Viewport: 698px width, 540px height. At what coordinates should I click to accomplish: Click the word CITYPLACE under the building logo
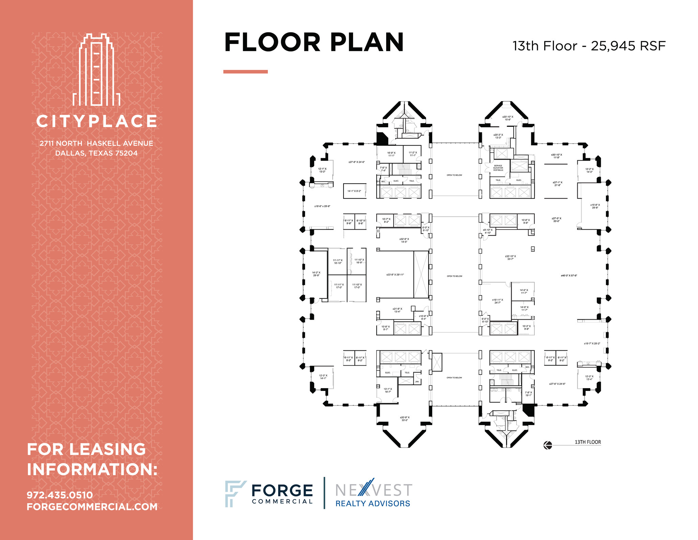(x=96, y=121)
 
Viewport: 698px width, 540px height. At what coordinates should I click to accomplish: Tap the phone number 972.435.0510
(x=60, y=495)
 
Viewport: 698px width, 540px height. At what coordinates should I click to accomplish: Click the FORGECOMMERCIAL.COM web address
(x=92, y=507)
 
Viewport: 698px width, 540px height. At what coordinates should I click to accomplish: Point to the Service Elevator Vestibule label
(x=498, y=168)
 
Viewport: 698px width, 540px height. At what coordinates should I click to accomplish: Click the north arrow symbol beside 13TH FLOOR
(x=548, y=445)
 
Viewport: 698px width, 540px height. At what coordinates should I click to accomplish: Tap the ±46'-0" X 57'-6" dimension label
(x=569, y=275)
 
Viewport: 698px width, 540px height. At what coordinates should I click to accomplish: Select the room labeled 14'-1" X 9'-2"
(x=354, y=191)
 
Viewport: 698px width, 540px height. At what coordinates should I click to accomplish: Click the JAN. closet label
(x=417, y=382)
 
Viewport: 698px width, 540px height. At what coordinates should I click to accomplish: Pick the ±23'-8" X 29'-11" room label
(x=395, y=275)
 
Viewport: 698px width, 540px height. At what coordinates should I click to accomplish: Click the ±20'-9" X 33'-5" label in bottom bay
(x=405, y=419)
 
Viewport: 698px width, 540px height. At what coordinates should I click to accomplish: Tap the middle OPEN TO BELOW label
(x=454, y=276)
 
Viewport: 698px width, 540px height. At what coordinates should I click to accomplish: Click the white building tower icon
(x=96, y=70)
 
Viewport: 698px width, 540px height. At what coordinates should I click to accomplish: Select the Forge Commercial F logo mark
(x=234, y=493)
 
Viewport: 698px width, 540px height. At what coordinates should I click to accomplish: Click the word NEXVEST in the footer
(x=374, y=490)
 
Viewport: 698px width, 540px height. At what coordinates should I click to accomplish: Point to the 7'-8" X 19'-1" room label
(x=528, y=394)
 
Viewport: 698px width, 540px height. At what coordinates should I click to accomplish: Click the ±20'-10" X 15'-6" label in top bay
(x=507, y=118)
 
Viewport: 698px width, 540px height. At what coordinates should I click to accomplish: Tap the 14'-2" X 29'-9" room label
(x=316, y=274)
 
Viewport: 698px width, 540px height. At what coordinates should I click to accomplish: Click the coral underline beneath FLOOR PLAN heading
(x=245, y=72)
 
